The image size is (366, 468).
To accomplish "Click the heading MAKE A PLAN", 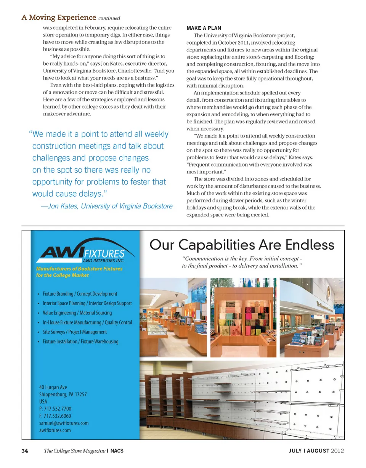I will (204, 29).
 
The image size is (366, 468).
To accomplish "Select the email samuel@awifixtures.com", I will (64, 423).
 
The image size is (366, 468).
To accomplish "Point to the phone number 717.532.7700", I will (55, 409).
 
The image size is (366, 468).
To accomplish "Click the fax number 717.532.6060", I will (55, 416).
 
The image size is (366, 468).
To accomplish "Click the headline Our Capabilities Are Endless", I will (242, 244).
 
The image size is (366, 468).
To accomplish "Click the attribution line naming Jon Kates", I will (106, 206).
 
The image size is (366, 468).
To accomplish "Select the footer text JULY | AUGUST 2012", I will (316, 451).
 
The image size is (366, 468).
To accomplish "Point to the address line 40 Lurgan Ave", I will (53, 387).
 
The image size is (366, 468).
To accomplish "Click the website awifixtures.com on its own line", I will (55, 430).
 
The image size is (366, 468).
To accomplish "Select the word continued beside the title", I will (109, 18).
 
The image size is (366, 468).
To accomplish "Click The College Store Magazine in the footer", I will (75, 451).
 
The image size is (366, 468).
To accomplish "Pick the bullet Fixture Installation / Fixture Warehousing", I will (80, 341).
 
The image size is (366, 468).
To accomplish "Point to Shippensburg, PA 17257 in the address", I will (63, 394).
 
